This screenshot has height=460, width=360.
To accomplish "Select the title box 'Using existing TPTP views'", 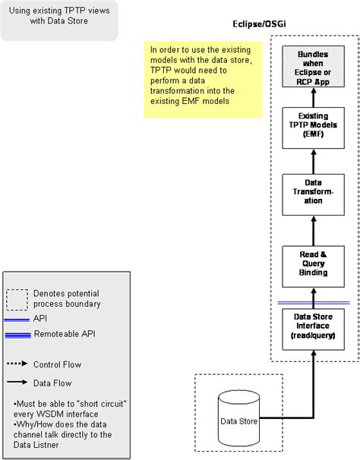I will (59, 20).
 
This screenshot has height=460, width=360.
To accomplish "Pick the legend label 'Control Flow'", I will (57, 365).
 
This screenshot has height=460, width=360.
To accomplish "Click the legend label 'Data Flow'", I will (52, 383).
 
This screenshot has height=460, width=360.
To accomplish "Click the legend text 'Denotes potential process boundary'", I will (65, 298).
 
